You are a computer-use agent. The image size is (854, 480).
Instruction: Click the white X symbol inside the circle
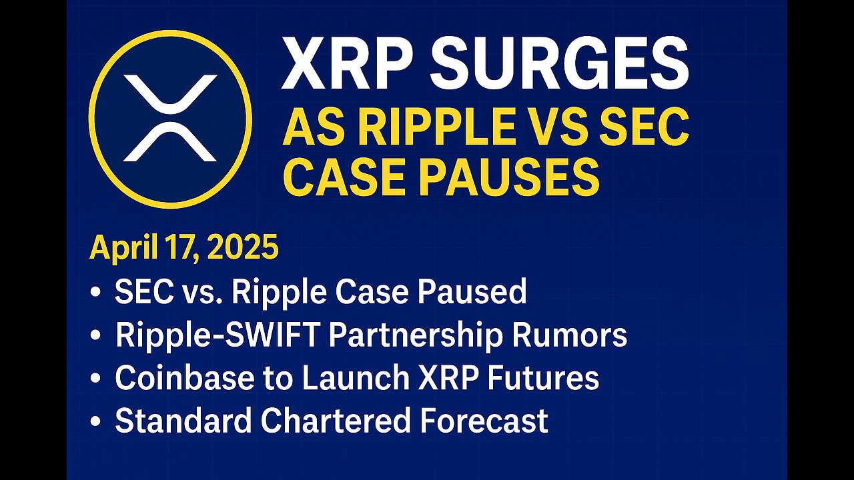pos(170,119)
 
